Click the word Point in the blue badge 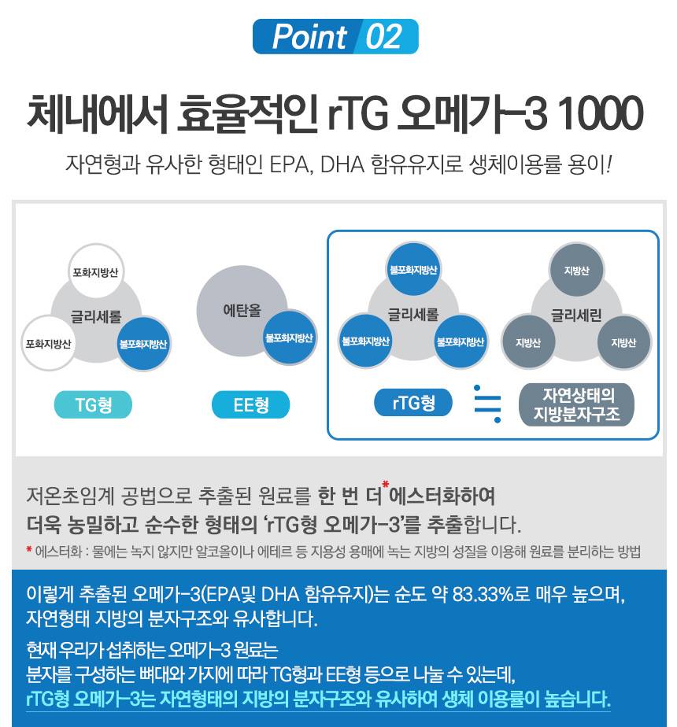tap(309, 37)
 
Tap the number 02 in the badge tap(383, 37)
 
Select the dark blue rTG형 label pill tap(413, 403)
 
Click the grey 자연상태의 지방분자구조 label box tap(577, 404)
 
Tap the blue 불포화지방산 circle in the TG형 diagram tap(144, 344)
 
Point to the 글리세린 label tap(576, 316)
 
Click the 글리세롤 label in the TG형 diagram tap(96, 316)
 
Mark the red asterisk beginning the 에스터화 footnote tap(28, 550)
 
